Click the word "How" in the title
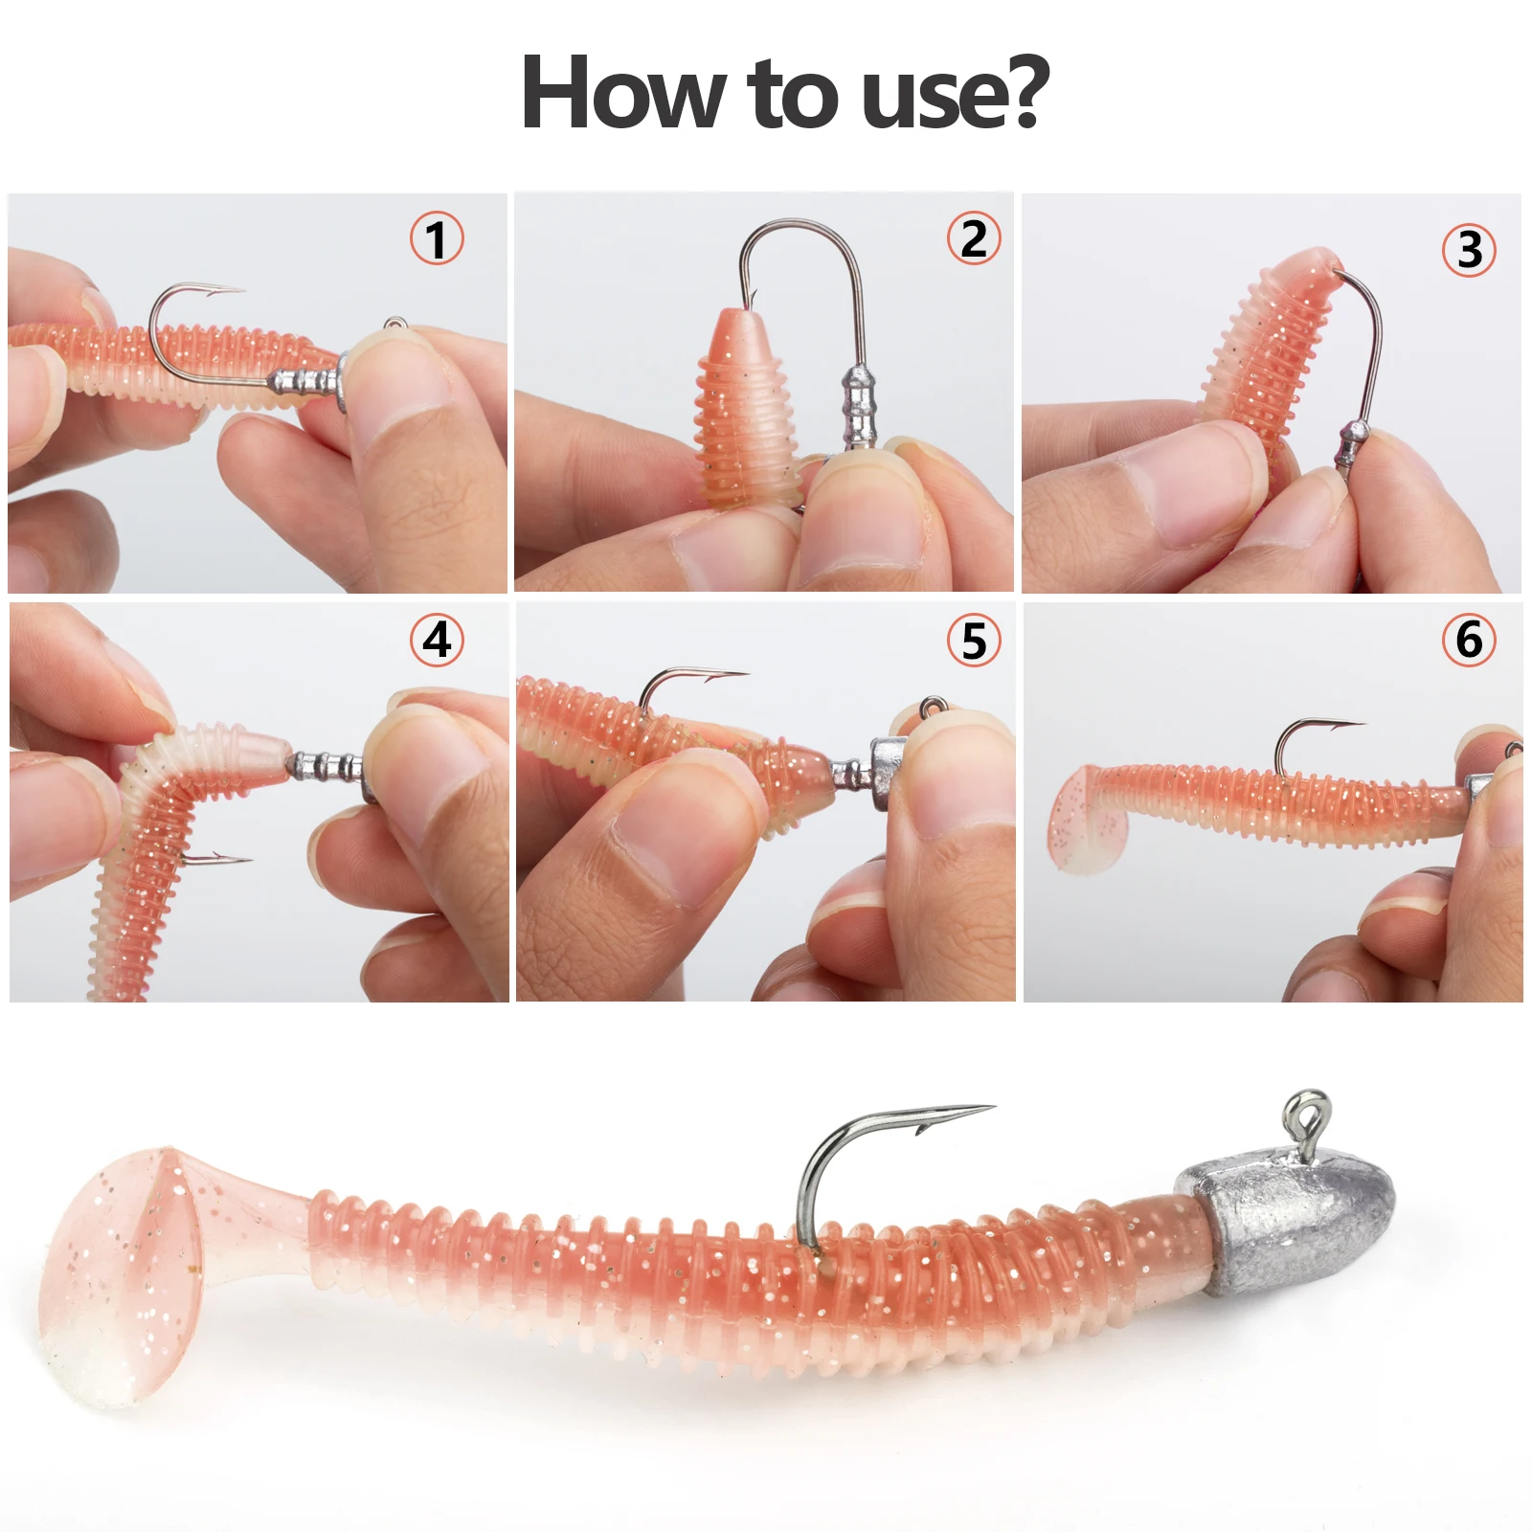(622, 92)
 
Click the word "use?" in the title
(956, 92)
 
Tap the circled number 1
(437, 238)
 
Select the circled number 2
(974, 237)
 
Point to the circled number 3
(1470, 249)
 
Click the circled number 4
(437, 640)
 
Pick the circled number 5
(974, 640)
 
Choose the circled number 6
(1470, 640)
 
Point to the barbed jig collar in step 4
(326, 766)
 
